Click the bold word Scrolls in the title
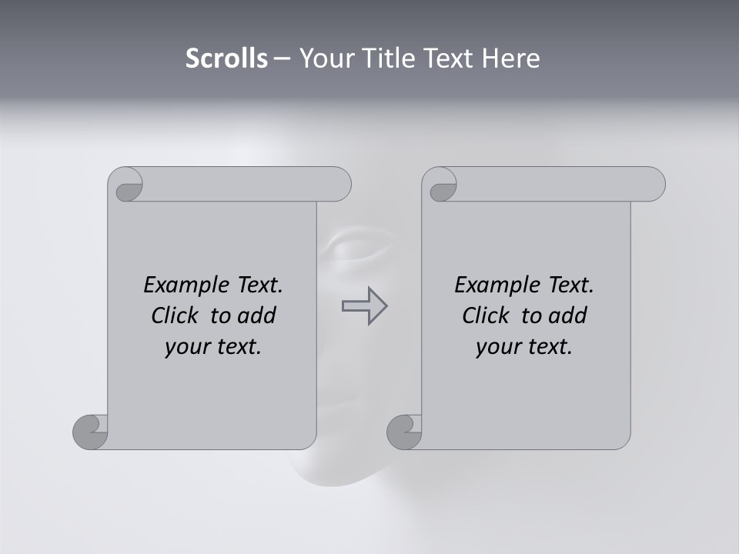coord(226,58)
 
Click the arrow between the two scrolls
coord(364,306)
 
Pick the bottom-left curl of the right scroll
coord(405,432)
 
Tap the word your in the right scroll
coord(497,347)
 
